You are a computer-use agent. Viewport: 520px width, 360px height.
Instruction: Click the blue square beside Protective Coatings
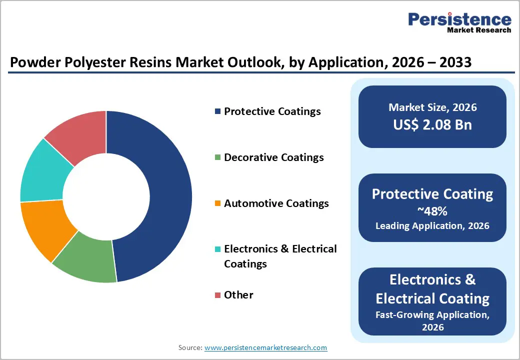[217, 111]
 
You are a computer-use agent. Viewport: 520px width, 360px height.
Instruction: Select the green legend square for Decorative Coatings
[217, 157]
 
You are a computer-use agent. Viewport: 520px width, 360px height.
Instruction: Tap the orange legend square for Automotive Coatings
[217, 203]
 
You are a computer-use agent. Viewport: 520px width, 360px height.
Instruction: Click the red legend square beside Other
[217, 295]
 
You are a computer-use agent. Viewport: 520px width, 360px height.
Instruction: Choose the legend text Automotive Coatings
[276, 203]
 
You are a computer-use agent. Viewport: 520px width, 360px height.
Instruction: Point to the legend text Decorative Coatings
[274, 157]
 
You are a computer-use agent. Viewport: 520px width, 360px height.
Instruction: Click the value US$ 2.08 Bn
[432, 124]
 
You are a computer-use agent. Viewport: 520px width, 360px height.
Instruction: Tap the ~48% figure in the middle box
[432, 211]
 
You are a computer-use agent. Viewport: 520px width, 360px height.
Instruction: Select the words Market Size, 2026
[432, 107]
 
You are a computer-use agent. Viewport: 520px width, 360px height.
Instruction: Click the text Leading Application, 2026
[432, 226]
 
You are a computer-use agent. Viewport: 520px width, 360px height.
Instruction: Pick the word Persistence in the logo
[459, 19]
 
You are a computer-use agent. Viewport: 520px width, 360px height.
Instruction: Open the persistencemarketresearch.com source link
[265, 347]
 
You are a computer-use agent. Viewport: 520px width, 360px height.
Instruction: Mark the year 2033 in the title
[453, 63]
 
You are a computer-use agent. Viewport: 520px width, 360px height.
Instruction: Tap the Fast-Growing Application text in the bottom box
[432, 315]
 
